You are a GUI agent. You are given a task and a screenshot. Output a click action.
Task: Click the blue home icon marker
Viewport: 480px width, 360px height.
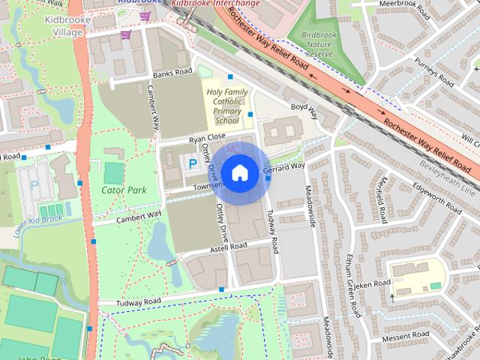tap(238, 172)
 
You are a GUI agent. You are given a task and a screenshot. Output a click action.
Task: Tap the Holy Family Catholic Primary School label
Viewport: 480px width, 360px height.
tap(223, 106)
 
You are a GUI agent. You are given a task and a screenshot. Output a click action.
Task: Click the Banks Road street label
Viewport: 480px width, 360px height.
tap(168, 75)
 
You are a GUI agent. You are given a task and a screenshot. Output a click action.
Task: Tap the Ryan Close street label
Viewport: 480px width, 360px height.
tap(207, 138)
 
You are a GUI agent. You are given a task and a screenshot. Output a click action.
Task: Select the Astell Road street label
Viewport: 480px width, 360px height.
tap(228, 246)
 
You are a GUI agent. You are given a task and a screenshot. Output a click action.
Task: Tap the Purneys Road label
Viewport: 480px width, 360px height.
tap(437, 73)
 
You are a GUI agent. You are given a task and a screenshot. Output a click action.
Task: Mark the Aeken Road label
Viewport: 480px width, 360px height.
tap(373, 284)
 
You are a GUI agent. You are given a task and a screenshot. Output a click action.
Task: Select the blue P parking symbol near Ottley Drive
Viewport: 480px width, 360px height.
tap(192, 162)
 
